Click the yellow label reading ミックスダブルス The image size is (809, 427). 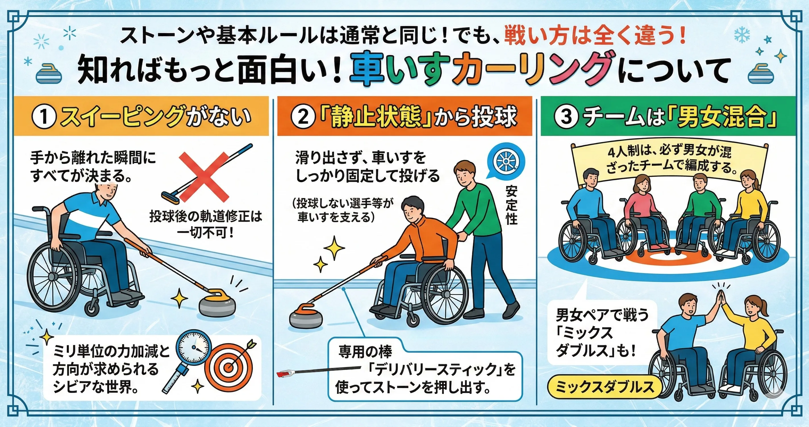(x=604, y=388)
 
